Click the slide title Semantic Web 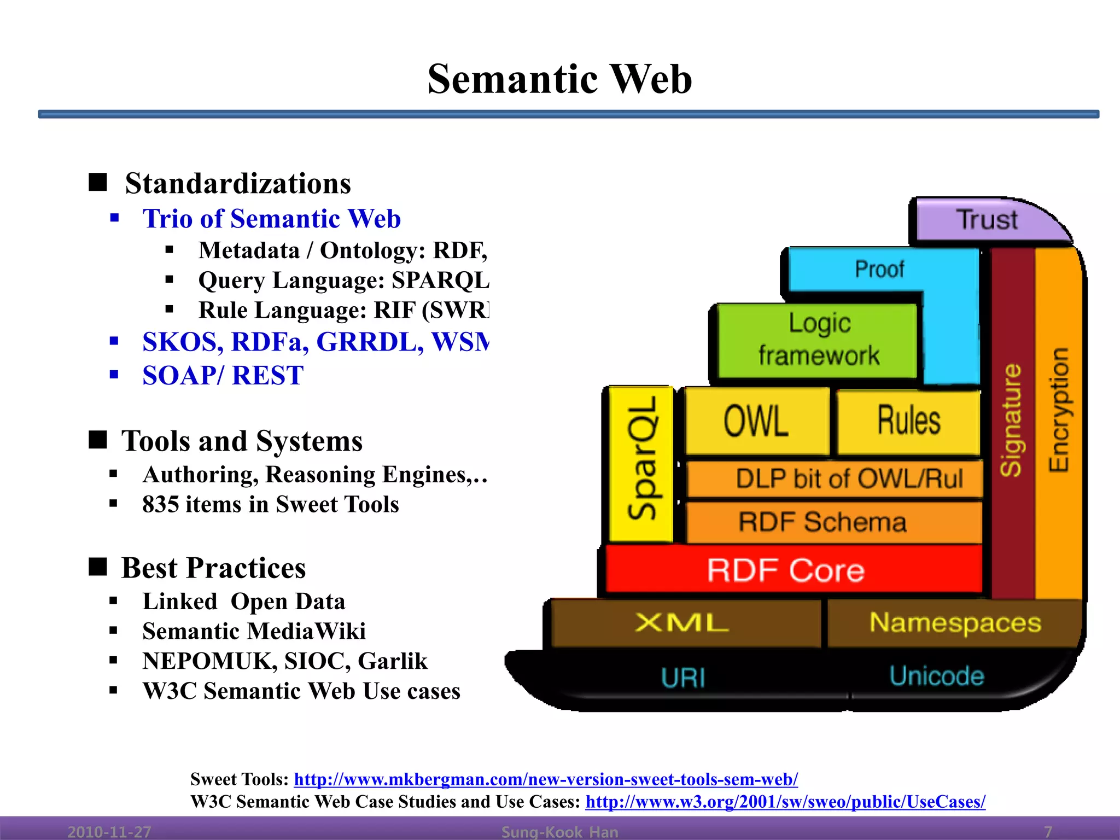click(559, 79)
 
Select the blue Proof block click(880, 269)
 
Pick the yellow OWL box click(756, 421)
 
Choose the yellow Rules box click(908, 421)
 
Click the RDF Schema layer click(822, 522)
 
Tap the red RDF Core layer click(786, 570)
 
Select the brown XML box click(682, 623)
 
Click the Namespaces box click(955, 623)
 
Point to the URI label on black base click(682, 678)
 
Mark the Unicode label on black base click(936, 676)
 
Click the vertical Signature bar click(1012, 421)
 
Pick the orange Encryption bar click(1059, 410)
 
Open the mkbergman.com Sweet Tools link click(546, 779)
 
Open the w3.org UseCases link click(785, 802)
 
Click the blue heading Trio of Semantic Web click(271, 219)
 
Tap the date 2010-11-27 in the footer click(109, 832)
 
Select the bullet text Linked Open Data click(244, 602)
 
